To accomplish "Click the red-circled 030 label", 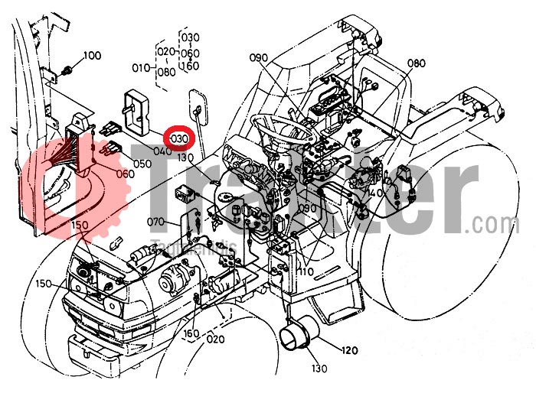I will (x=181, y=138).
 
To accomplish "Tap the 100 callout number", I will (x=92, y=55).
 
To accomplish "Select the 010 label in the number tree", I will (x=141, y=67).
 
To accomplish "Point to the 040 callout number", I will (x=162, y=151).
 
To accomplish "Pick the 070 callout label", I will (x=156, y=222).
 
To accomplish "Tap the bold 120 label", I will (x=348, y=351).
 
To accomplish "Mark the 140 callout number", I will (x=374, y=194).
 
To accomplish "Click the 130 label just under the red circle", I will (x=185, y=157).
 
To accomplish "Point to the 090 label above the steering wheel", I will (x=258, y=57).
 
